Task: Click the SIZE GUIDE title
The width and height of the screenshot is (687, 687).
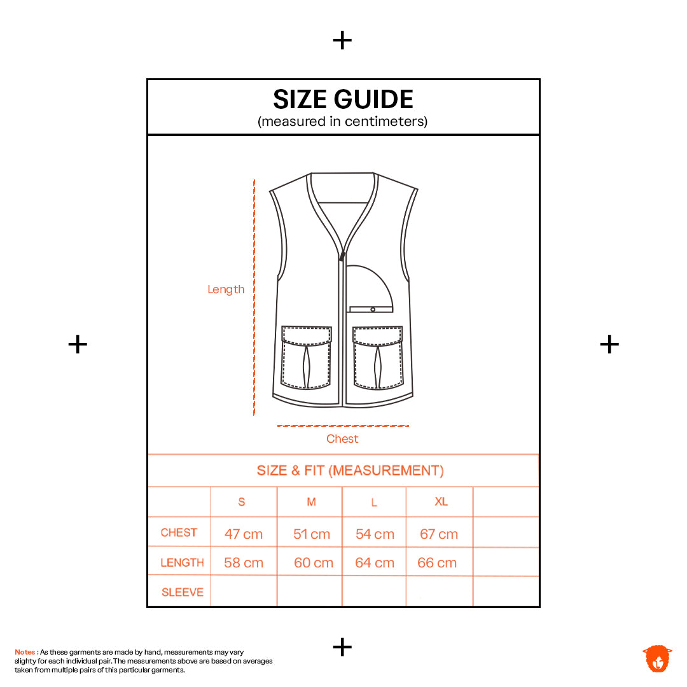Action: (x=343, y=99)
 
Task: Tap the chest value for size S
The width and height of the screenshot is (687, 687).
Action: (x=244, y=534)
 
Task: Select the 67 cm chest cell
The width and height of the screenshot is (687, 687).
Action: (x=438, y=534)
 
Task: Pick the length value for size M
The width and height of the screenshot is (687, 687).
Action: (x=313, y=562)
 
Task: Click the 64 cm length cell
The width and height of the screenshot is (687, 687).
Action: (x=375, y=562)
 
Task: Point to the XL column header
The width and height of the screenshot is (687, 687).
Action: (x=441, y=501)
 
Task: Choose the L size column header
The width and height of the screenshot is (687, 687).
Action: (x=374, y=503)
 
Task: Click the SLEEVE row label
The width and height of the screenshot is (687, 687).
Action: (x=183, y=592)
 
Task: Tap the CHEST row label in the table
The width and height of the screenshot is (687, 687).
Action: (x=179, y=532)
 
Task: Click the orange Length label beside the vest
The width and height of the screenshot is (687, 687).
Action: (x=226, y=289)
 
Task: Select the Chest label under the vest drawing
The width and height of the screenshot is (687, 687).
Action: (x=342, y=438)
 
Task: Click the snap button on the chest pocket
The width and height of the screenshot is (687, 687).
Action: (x=373, y=309)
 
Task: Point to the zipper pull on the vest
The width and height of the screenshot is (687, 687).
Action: (x=342, y=256)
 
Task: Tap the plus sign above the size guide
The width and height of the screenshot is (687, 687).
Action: (x=342, y=40)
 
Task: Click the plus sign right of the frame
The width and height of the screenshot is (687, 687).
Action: (x=609, y=344)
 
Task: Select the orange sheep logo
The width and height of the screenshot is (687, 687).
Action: (x=657, y=658)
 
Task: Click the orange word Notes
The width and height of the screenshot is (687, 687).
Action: (x=26, y=652)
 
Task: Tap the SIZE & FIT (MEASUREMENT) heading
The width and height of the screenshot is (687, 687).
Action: (x=350, y=471)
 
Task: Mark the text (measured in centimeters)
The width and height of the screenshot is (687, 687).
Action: (x=342, y=121)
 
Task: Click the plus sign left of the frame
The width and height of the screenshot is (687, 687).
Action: (x=78, y=344)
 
